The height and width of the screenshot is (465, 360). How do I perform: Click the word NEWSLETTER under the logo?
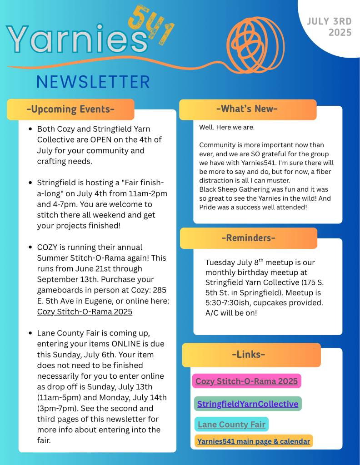(93, 82)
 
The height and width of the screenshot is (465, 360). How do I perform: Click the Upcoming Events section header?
(70, 109)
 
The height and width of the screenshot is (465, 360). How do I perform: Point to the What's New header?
(248, 109)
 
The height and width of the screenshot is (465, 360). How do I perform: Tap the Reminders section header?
(248, 238)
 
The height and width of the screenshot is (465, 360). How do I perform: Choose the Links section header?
(248, 355)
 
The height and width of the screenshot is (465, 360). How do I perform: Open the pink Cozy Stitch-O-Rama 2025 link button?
(246, 381)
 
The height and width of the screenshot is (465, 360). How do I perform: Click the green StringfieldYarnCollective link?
(248, 404)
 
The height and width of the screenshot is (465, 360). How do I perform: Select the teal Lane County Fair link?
(231, 425)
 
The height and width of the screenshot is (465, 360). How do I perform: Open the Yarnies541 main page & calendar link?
(254, 441)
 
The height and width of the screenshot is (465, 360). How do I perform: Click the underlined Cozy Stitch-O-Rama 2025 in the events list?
(85, 312)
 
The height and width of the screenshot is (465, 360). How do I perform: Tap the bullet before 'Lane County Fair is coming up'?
(30, 333)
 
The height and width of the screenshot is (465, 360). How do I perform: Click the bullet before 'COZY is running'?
(30, 247)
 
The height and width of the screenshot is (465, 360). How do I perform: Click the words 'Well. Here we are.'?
(227, 128)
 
